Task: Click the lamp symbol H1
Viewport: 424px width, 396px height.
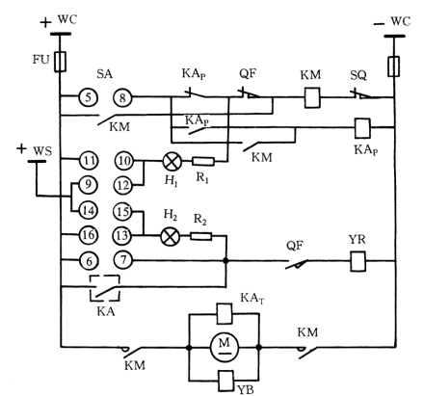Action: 172,161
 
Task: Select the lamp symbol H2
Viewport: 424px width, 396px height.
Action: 171,237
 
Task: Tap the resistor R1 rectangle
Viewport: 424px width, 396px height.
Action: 203,161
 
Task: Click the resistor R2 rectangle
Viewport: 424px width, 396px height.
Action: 201,236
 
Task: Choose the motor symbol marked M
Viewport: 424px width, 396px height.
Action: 225,347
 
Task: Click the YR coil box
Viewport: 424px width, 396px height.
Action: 358,261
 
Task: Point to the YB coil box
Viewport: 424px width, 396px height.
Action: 225,381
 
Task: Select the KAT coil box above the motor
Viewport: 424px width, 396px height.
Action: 225,313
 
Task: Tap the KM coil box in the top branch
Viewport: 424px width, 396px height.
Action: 312,97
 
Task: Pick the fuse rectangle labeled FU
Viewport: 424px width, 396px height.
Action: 60,62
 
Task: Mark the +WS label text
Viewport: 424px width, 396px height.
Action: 35,149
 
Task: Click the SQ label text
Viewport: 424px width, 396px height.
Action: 358,75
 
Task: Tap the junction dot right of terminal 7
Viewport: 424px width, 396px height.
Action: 225,260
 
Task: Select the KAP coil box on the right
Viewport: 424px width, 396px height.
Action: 362,128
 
